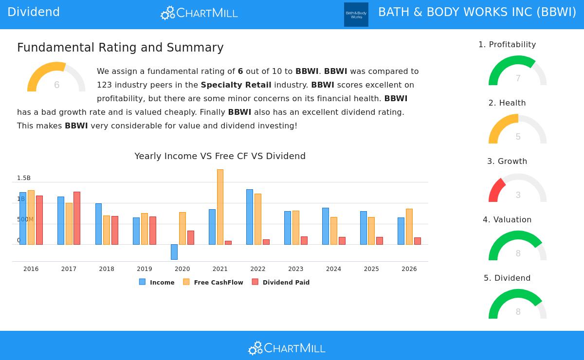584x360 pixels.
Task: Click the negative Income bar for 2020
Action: [x=174, y=252]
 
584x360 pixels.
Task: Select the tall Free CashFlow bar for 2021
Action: [x=220, y=207]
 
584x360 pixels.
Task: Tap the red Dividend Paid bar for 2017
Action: [x=77, y=218]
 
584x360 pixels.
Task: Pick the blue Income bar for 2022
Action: [x=250, y=217]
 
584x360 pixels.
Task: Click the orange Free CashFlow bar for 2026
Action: [x=409, y=227]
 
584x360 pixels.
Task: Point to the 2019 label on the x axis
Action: [x=145, y=269]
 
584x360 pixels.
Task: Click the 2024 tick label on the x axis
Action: [x=333, y=269]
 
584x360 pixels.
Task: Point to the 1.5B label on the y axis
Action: [x=24, y=178]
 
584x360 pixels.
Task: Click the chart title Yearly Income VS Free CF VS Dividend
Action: [x=220, y=156]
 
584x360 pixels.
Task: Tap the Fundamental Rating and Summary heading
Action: [x=120, y=48]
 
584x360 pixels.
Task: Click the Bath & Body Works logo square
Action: [x=356, y=15]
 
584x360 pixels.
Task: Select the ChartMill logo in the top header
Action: [x=200, y=13]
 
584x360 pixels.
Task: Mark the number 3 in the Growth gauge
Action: [x=518, y=195]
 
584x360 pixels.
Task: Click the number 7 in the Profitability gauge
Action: [x=518, y=78]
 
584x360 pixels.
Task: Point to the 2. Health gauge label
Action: [x=507, y=103]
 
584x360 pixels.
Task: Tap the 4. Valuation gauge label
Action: [x=507, y=220]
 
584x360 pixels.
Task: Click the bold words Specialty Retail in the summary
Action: [x=236, y=85]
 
